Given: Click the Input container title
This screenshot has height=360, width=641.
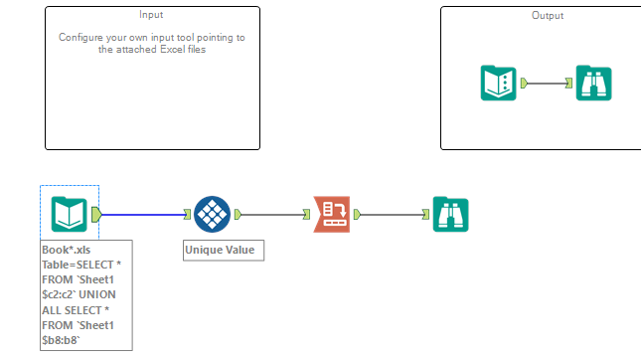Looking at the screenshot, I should pos(151,15).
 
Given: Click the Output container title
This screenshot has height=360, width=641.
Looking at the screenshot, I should pos(547,16).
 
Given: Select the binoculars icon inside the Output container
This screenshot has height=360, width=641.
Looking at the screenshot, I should pos(593,84).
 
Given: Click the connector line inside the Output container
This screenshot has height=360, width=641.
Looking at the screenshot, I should pos(546,84).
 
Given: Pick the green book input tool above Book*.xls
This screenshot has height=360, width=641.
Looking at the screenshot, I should pos(69,213).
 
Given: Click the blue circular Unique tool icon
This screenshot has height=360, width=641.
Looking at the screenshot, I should pos(212,213).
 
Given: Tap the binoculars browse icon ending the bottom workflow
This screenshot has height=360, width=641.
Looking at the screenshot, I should pos(450,213).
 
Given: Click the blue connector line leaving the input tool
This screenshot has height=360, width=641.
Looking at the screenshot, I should pos(143,213).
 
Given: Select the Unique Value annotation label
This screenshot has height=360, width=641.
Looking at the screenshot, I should pos(224,251).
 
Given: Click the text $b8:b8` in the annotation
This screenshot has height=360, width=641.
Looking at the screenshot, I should pos(63,339).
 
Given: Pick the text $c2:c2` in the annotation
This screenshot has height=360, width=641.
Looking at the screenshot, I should pos(63,294).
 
